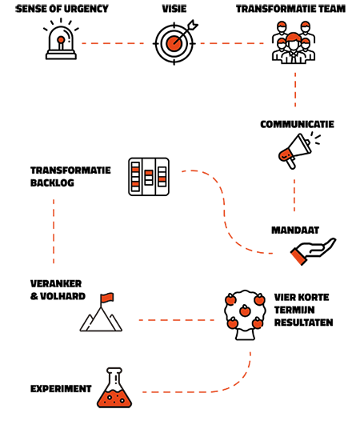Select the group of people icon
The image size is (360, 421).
tap(294, 42)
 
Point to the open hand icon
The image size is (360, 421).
tap(313, 251)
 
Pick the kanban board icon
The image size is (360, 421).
tap(149, 177)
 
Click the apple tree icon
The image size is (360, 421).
tap(245, 315)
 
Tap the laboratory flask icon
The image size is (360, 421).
tap(114, 387)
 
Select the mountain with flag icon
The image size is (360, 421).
tap(101, 312)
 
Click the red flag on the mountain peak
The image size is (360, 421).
tap(107, 297)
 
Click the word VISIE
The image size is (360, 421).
tap(174, 9)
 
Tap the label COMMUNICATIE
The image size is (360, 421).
tap(297, 124)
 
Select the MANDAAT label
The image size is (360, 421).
tap(295, 230)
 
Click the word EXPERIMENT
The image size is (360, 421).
tap(61, 389)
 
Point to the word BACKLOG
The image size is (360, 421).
tap(52, 182)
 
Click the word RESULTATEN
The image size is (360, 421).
tap(304, 323)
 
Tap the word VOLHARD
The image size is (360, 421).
tap(63, 296)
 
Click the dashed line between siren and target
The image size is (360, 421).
tap(113, 43)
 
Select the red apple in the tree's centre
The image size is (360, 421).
tap(245, 311)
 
